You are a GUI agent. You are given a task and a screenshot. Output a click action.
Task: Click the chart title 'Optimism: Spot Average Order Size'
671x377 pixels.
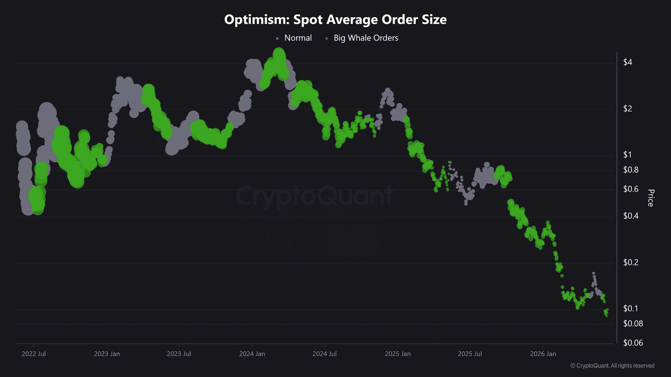pos(335,20)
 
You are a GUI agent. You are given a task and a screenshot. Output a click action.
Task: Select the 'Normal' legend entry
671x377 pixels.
pos(294,38)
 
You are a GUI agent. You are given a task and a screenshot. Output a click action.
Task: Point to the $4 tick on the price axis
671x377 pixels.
pos(627,62)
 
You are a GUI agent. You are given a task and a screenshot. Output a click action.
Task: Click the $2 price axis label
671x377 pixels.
pos(627,108)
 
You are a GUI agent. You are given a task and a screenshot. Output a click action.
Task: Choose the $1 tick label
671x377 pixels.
pos(627,155)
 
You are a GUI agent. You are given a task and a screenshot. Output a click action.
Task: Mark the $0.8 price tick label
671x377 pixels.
pos(631,170)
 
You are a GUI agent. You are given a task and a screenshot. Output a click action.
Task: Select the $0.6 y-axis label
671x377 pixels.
pos(631,189)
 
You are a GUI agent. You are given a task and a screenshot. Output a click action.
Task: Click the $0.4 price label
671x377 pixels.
pos(631,216)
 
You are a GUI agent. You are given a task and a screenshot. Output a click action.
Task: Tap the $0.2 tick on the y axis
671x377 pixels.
pos(631,262)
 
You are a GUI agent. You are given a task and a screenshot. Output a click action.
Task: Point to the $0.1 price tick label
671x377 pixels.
pos(631,308)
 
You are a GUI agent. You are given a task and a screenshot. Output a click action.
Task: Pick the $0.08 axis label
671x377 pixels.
pos(633,324)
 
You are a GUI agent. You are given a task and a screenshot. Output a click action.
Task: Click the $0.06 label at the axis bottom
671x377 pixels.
pos(633,343)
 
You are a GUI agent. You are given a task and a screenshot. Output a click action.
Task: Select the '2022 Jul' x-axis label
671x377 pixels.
pos(34,354)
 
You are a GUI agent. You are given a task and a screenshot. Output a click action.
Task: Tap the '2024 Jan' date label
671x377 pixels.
pos(252,354)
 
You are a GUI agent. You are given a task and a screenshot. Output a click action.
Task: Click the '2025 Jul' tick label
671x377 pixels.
pos(470,354)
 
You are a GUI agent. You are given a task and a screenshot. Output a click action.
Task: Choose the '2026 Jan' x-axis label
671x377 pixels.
pos(543,354)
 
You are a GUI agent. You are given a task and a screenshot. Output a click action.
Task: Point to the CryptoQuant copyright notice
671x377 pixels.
pos(612,366)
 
